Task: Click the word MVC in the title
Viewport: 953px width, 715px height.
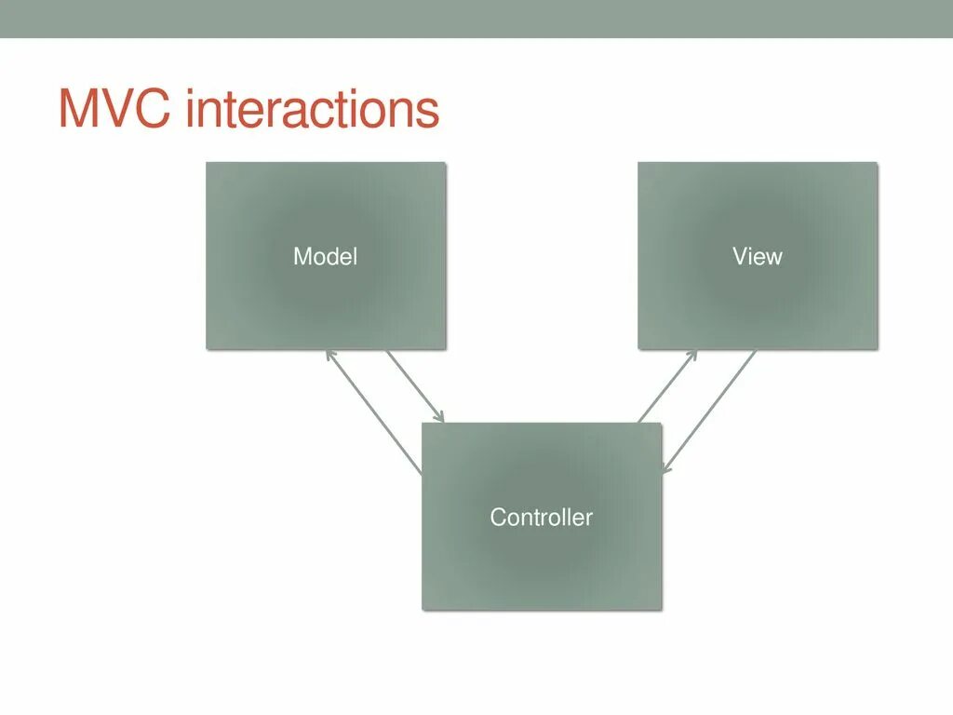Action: point(116,110)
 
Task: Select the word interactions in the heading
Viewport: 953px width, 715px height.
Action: point(312,110)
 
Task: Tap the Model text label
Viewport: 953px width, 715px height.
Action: point(325,256)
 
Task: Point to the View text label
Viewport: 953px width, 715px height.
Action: point(757,256)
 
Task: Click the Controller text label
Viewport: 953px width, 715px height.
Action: point(541,517)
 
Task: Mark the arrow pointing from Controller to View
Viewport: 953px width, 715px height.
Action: point(667,386)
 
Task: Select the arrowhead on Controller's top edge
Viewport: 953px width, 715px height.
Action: point(441,418)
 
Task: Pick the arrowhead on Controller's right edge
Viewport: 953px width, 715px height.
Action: point(664,468)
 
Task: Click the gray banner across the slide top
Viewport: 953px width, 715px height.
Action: point(476,19)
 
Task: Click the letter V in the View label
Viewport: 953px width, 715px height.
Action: point(740,256)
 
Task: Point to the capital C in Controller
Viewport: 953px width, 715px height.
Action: point(498,517)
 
